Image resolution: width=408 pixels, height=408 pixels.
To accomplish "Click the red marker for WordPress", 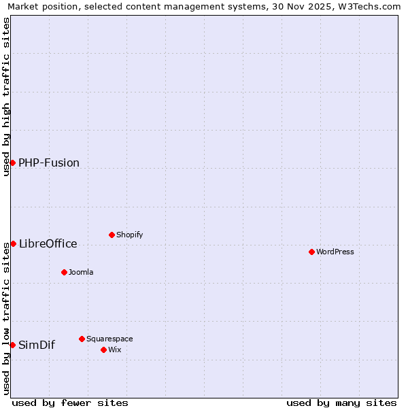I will click(x=311, y=252).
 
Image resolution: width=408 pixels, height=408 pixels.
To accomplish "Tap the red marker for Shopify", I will click(x=112, y=235).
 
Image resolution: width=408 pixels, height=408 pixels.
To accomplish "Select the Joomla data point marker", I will click(x=64, y=272).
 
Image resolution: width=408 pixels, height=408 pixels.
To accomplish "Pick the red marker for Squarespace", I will click(x=82, y=339).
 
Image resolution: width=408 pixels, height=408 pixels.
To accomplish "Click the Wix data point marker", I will click(x=103, y=350).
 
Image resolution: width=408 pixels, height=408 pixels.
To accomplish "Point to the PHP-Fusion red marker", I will click(x=12, y=163).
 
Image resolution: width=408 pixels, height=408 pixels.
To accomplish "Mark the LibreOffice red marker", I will click(x=12, y=243).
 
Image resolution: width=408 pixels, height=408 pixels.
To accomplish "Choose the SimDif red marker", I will click(x=12, y=345).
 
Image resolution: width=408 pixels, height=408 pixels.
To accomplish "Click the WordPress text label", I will click(x=335, y=252).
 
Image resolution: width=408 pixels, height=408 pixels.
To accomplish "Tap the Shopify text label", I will click(x=129, y=235).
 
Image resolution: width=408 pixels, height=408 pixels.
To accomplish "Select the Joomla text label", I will click(x=81, y=272).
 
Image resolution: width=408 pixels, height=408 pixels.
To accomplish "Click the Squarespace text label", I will click(x=109, y=339).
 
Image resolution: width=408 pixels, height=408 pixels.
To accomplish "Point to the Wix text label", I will click(x=115, y=350).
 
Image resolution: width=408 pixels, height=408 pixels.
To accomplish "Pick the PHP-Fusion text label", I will click(x=49, y=163).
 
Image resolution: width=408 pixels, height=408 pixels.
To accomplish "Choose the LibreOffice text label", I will click(x=48, y=243).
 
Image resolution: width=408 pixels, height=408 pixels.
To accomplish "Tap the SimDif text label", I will click(x=37, y=345).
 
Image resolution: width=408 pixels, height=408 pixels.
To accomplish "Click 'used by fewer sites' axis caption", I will click(x=70, y=403).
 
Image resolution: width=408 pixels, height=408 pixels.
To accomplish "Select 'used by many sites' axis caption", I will click(x=341, y=403).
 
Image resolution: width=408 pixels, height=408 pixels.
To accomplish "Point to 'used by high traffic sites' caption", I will click(x=7, y=97).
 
